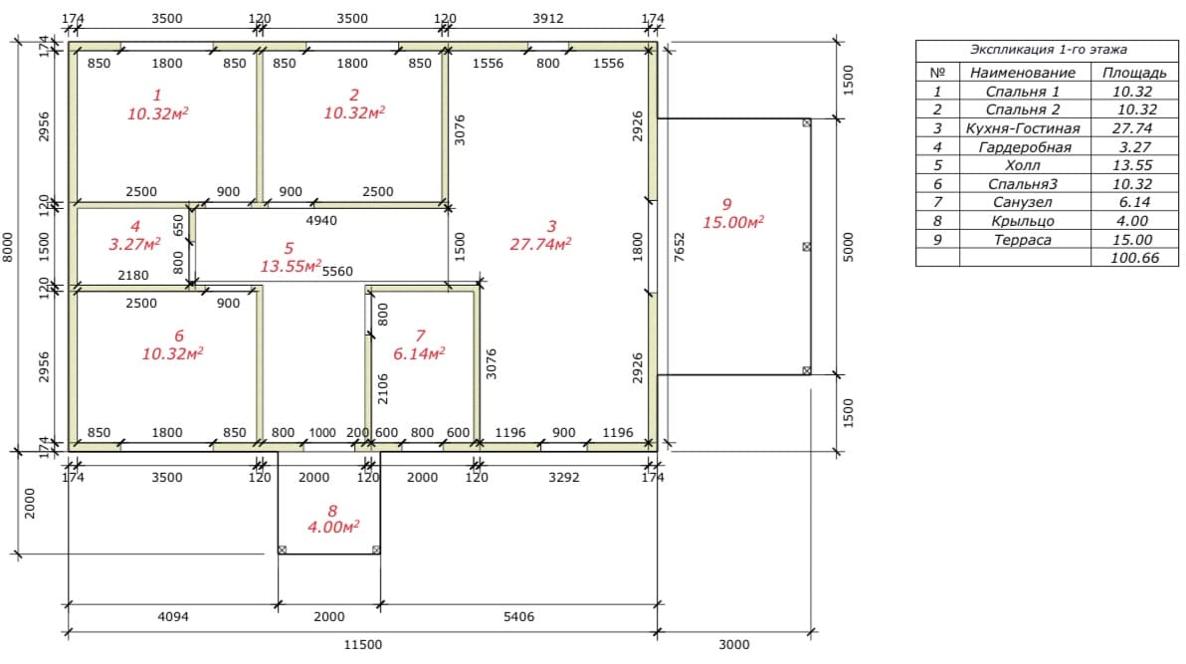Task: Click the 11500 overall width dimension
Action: point(363,644)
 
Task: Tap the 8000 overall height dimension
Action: point(8,247)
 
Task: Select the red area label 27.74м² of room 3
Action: point(541,244)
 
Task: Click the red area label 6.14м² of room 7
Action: point(419,353)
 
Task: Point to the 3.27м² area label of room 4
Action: point(134,244)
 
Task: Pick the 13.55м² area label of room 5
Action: point(292,266)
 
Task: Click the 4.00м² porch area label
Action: point(333,527)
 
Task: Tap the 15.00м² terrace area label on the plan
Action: point(733,222)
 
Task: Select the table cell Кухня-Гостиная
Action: point(1023,128)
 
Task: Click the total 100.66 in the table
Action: point(1134,258)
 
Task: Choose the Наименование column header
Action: point(1023,73)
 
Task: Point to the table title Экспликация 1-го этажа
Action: point(1049,50)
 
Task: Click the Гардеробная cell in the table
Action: point(1025,147)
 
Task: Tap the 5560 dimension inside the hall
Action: point(337,271)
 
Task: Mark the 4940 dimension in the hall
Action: point(321,220)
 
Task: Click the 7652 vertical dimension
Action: point(680,247)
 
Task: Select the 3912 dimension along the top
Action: point(547,18)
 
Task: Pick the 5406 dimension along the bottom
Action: point(519,617)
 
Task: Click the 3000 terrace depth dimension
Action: point(733,644)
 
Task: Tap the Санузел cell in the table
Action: point(1023,203)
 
